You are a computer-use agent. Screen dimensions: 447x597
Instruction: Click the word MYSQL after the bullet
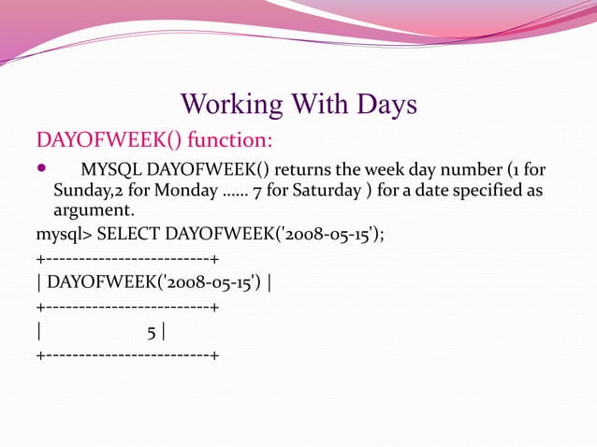(x=111, y=171)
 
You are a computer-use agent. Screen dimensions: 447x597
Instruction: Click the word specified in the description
(x=492, y=192)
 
